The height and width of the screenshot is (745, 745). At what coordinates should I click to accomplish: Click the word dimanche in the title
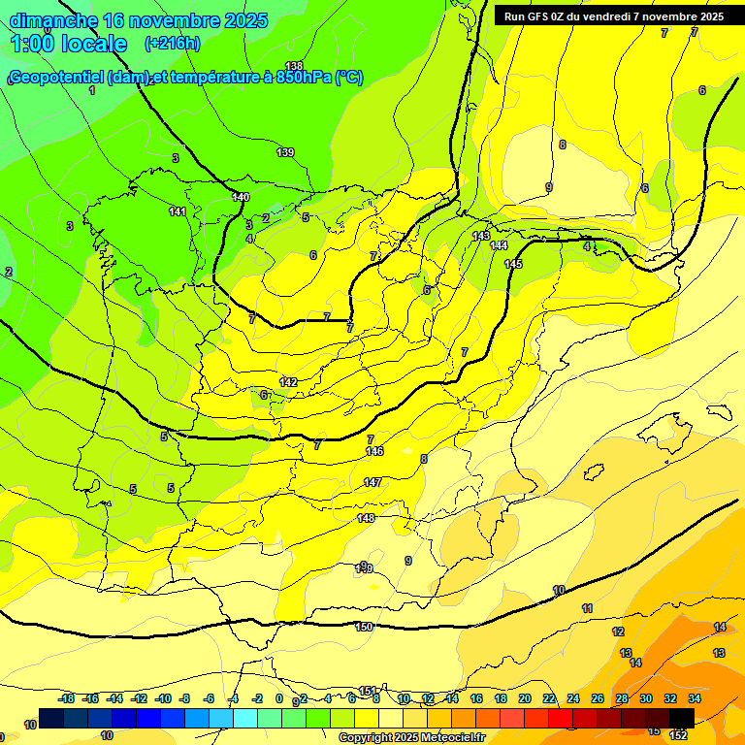tap(53, 19)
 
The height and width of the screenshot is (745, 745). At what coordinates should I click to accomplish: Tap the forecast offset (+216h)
tap(172, 44)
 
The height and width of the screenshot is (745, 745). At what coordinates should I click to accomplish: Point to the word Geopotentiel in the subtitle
tap(56, 78)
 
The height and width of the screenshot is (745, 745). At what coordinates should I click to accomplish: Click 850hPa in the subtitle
tap(304, 78)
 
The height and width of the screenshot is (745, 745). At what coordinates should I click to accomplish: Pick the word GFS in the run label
tap(544, 16)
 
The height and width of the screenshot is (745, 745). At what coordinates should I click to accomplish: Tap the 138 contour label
tap(294, 66)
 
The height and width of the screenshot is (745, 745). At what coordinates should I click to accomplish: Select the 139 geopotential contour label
tap(285, 152)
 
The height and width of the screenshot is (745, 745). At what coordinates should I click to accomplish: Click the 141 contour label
tap(178, 211)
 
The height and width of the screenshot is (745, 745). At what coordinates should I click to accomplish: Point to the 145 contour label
tap(513, 264)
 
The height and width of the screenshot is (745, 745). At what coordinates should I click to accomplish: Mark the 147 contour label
tap(372, 482)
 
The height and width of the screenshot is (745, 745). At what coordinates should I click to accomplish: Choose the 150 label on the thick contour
tap(364, 627)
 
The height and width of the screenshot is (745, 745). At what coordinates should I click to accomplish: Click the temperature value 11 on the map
tap(587, 608)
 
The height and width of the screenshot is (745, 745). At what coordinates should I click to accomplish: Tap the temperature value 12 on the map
tap(618, 632)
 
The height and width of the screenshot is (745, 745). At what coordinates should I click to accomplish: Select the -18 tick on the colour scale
tap(67, 698)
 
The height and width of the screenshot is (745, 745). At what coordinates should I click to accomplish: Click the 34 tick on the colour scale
tap(695, 698)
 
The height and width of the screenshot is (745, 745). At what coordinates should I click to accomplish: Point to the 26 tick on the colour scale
tap(599, 698)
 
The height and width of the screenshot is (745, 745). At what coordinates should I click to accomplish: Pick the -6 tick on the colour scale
tap(209, 698)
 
